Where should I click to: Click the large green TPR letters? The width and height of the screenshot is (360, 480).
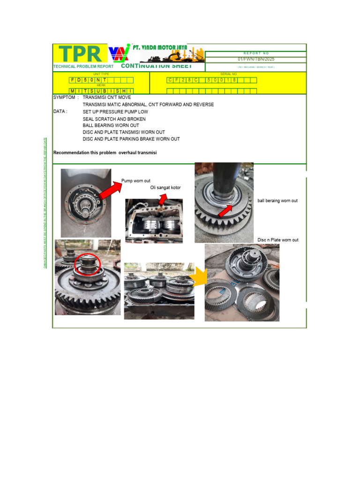(79, 54)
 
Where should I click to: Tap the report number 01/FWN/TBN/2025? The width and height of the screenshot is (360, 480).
(256, 60)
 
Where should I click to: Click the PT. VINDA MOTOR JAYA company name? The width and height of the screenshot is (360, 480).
(160, 47)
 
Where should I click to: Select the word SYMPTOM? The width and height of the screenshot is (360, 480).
(64, 97)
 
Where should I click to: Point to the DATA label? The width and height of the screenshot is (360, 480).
(60, 112)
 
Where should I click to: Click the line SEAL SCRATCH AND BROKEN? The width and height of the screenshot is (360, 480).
(114, 119)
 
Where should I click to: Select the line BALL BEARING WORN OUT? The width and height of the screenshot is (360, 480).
(111, 126)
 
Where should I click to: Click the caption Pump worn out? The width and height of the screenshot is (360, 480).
(135, 180)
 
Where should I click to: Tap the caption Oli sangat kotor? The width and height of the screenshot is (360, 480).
(165, 187)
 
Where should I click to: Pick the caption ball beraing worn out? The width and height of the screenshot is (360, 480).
(277, 201)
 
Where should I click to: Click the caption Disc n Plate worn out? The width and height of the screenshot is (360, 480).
(278, 240)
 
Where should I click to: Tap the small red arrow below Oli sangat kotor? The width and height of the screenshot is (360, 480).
(162, 199)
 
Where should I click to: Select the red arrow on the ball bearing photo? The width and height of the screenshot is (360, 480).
(226, 210)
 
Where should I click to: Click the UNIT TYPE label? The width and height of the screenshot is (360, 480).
(101, 74)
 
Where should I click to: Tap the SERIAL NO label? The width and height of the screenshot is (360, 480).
(228, 74)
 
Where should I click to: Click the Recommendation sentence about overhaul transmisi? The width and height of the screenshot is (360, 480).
(105, 153)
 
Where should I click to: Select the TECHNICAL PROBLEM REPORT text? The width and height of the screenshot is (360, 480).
(83, 67)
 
